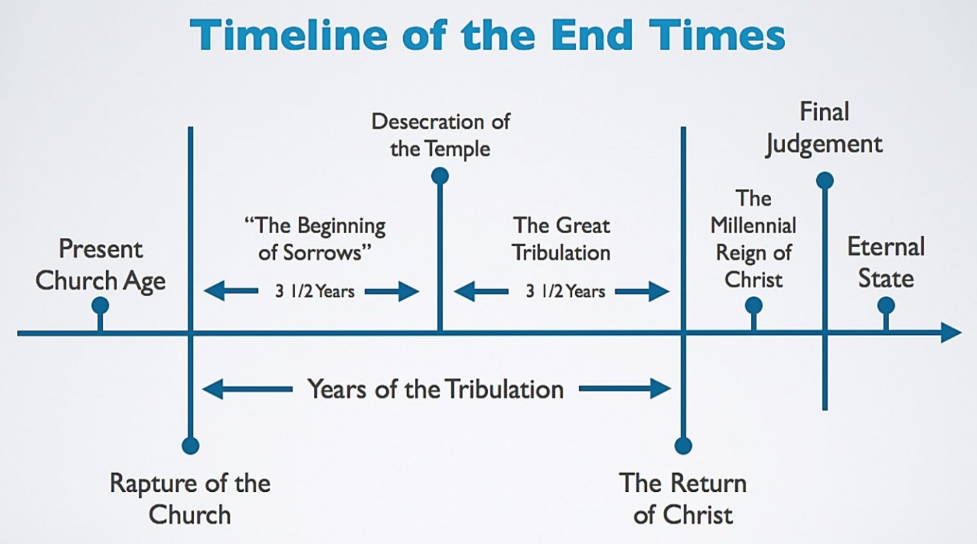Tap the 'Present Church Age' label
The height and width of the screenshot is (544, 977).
tap(100, 265)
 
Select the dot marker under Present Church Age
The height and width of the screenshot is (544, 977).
tap(100, 306)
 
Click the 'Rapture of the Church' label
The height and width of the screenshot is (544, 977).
tap(190, 498)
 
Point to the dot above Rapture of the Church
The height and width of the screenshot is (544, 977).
tap(190, 446)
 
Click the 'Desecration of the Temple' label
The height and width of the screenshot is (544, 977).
tap(440, 135)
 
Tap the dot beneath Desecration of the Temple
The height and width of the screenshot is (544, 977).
tap(440, 176)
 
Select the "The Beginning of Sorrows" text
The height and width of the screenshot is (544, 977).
tap(315, 238)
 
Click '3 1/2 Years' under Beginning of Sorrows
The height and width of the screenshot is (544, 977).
tap(315, 291)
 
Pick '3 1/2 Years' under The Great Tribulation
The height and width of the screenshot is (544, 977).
tap(565, 291)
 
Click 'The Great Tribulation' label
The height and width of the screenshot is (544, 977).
tap(561, 238)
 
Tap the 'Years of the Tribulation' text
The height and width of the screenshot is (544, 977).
tap(435, 390)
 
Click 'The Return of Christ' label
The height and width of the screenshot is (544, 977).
tap(683, 498)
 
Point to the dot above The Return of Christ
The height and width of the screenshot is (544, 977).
tap(683, 446)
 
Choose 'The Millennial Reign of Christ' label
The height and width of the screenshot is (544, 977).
tap(754, 238)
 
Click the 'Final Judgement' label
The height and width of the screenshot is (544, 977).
tap(824, 128)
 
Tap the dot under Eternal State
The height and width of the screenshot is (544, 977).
tap(886, 306)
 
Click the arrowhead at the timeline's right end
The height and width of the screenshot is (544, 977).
tap(952, 333)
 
